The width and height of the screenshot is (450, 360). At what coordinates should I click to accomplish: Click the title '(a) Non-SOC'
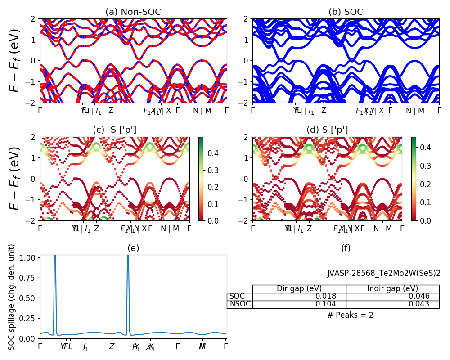click(x=133, y=12)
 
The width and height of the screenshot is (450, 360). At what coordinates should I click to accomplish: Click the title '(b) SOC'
click(x=346, y=12)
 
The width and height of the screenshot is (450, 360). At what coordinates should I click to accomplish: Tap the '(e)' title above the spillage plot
click(x=133, y=248)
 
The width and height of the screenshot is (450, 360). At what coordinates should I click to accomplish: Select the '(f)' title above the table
click(x=346, y=248)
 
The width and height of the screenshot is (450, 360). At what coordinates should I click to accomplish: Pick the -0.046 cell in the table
click(x=392, y=297)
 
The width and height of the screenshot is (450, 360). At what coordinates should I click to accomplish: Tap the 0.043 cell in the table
click(x=392, y=304)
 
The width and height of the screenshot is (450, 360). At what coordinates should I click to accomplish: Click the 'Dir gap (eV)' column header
click(x=299, y=289)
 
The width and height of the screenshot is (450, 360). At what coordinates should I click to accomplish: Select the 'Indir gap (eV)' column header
click(x=392, y=289)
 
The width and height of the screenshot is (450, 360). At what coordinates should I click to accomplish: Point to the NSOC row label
click(x=239, y=304)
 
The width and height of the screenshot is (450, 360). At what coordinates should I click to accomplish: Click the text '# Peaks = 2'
click(x=350, y=315)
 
